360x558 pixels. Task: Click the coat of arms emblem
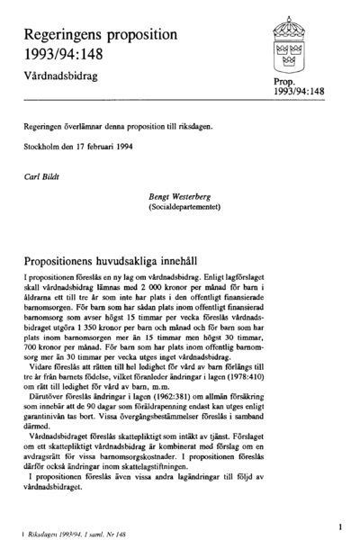click(293, 41)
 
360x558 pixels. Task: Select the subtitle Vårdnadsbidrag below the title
click(59, 77)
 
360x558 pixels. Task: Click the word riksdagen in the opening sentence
click(195, 127)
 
